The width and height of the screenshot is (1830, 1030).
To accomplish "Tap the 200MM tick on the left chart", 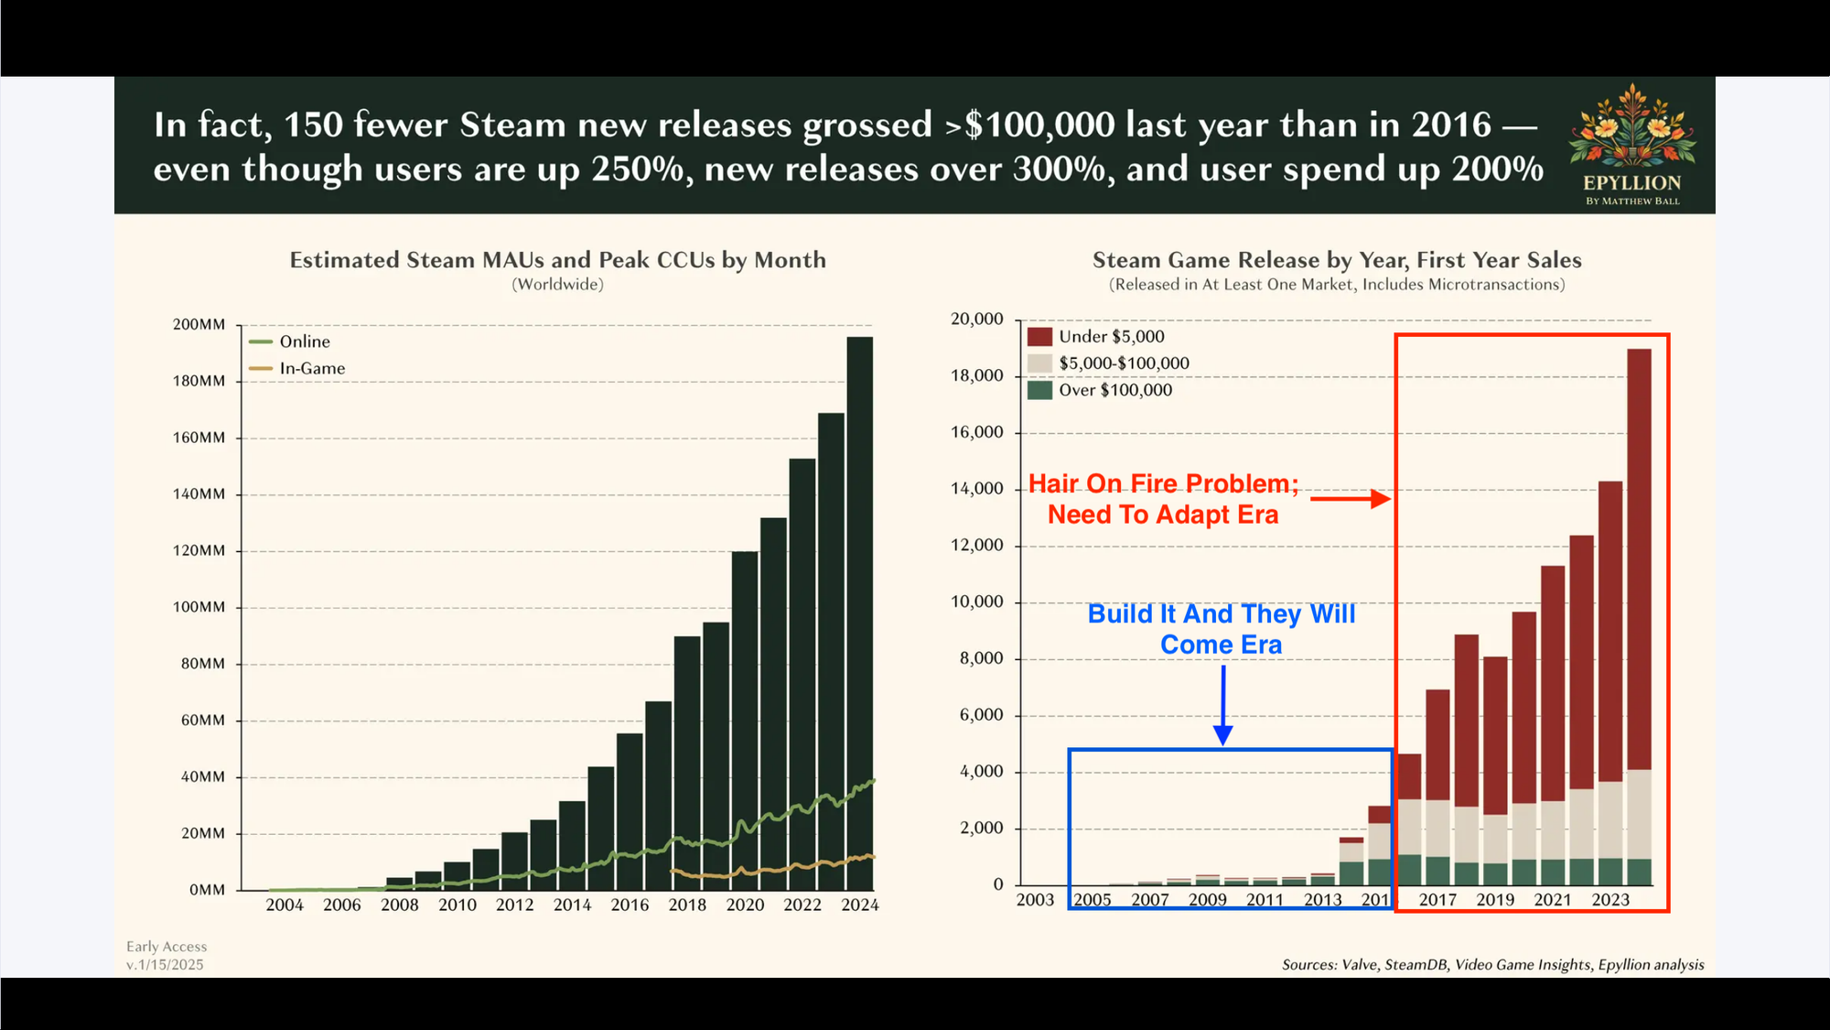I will pos(199,324).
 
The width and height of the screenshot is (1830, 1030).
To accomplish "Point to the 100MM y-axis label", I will pos(199,607).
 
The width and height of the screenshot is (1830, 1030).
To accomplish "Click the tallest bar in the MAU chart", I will pos(859,613).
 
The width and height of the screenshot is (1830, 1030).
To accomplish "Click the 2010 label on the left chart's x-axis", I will pos(457,905).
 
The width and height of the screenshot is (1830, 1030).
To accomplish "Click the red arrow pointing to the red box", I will pos(1351,499).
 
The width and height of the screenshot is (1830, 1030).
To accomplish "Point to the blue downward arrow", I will pos(1222,705).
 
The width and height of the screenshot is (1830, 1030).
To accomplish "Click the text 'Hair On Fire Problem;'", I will pos(1163,483).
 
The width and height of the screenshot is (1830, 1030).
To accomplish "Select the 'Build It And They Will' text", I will pos(1222,613).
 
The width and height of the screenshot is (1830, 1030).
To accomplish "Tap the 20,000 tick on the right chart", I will pos(977,319).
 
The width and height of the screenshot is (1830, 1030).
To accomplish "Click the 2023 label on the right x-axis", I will pos(1610,900).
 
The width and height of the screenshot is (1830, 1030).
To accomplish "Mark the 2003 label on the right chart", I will pos(1035,900).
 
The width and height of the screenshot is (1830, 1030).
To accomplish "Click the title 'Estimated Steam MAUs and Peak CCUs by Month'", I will pos(557,260).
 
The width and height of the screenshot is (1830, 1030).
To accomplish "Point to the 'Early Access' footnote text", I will pos(167,947).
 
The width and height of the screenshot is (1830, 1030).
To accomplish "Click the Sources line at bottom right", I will pos(1492,965).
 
